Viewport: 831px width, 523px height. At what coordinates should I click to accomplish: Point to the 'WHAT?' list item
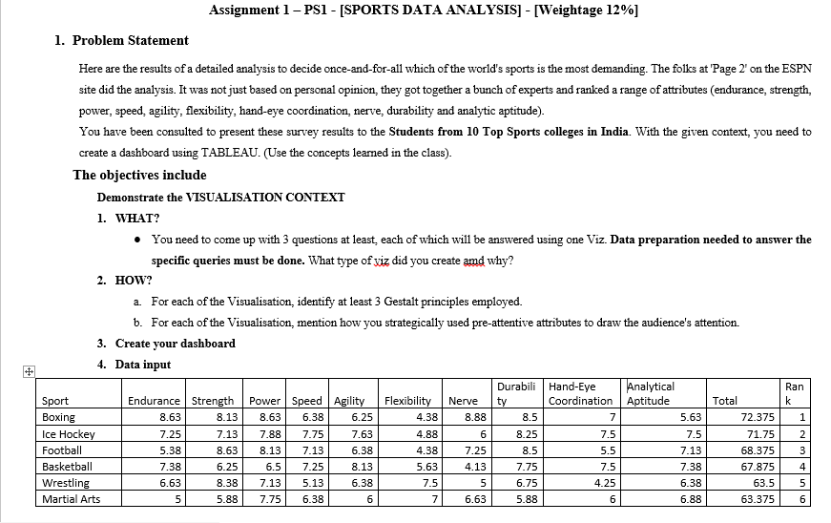[137, 218]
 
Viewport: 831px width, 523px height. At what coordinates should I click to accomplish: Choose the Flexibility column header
[409, 401]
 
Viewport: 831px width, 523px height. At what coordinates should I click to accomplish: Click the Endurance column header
[155, 401]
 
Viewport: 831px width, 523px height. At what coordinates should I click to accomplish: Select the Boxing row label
[59, 417]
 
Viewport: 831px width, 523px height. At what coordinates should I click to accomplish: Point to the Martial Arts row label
[72, 498]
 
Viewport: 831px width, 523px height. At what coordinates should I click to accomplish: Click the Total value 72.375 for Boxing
[757, 417]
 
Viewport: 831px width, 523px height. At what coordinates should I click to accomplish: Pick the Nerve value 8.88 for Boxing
[475, 417]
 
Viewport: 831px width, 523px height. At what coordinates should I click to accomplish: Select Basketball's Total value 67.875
[757, 466]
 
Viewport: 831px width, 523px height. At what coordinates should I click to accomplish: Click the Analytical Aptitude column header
[651, 393]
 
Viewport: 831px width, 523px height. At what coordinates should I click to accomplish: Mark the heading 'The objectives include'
[139, 175]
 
